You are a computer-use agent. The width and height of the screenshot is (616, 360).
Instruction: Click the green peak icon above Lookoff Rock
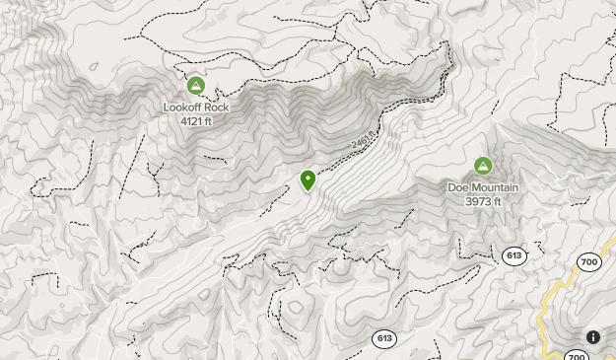195,86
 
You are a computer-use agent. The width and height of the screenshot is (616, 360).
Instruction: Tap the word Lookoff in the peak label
183,107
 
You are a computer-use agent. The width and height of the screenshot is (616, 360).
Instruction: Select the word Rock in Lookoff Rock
215,107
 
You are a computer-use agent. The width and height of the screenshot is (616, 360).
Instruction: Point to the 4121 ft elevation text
196,120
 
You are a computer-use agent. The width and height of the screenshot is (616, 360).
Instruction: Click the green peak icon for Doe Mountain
483,166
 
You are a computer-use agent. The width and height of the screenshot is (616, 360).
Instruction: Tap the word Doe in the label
459,187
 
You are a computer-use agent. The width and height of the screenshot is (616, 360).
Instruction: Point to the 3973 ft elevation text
483,201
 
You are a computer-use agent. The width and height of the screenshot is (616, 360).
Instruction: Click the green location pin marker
308,180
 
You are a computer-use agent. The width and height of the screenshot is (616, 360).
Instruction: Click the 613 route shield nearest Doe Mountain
513,255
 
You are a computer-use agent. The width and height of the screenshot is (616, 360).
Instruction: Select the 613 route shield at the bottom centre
384,338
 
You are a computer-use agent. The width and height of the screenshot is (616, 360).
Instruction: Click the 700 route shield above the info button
589,261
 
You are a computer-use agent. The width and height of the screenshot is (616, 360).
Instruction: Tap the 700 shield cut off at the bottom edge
578,353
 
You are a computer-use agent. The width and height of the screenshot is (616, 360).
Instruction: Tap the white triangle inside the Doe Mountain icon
483,166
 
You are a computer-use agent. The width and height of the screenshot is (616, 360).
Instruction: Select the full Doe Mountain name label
483,187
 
